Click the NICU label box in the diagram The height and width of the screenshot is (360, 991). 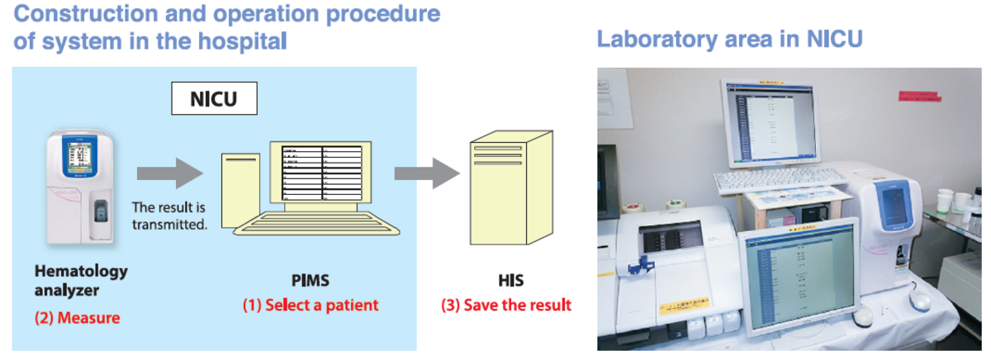pyautogui.click(x=214, y=100)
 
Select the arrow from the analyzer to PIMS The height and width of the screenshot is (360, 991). pyautogui.click(x=169, y=173)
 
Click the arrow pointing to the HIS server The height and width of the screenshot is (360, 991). pyautogui.click(x=426, y=173)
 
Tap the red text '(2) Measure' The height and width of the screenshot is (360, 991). pyautogui.click(x=76, y=317)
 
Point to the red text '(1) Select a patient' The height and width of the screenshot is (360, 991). pyautogui.click(x=310, y=305)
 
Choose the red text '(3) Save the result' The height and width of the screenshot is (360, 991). pyautogui.click(x=505, y=305)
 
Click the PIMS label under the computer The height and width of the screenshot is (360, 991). pyautogui.click(x=310, y=281)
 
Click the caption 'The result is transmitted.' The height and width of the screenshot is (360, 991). pyautogui.click(x=168, y=216)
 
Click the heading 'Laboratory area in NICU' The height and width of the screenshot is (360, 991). pyautogui.click(x=729, y=39)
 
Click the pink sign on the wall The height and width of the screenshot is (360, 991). pyautogui.click(x=919, y=97)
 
